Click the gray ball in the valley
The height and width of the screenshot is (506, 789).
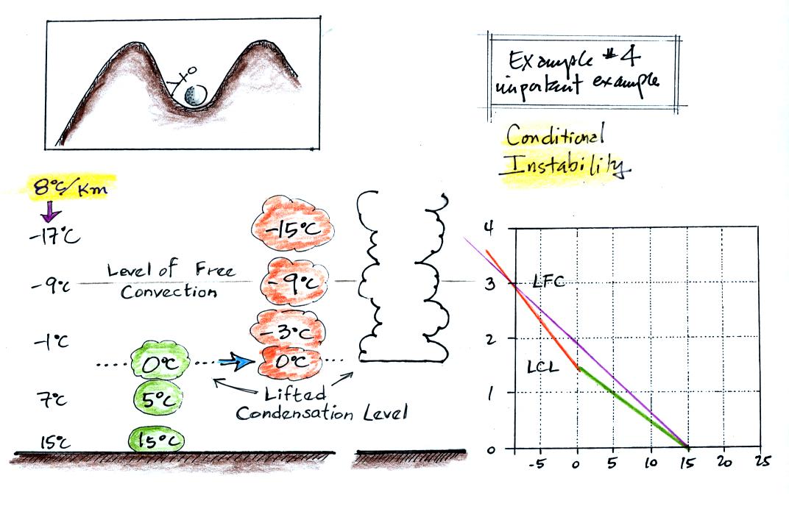(x=195, y=95)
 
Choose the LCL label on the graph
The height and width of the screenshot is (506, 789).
(x=543, y=365)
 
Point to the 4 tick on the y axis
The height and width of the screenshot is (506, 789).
(x=487, y=227)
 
